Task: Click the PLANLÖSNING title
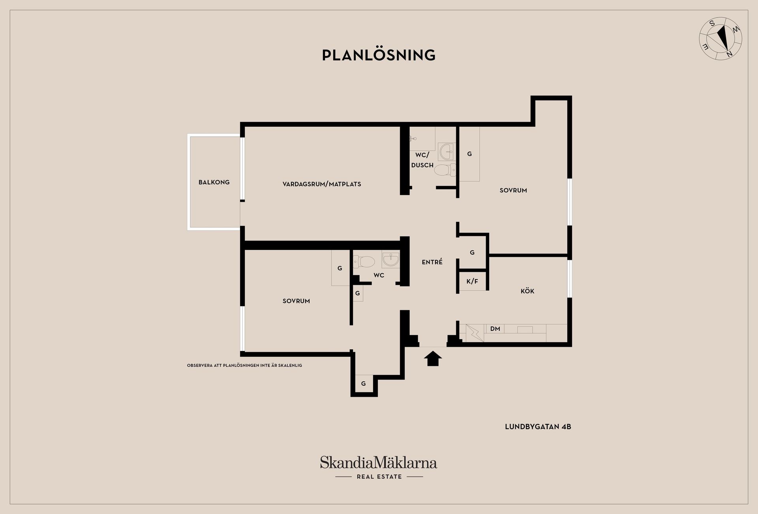(379, 55)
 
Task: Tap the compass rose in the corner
(720, 39)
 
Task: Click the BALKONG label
(214, 182)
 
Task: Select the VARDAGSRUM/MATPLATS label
(322, 184)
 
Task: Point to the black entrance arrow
(433, 358)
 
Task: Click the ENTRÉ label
(432, 262)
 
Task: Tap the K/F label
(472, 281)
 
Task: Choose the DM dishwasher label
(495, 329)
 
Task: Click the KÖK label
(527, 291)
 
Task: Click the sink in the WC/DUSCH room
(447, 152)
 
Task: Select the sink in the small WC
(391, 260)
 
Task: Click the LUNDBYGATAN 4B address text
(538, 427)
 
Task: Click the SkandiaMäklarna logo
(379, 463)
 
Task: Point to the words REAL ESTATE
(379, 477)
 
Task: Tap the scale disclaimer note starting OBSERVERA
(244, 366)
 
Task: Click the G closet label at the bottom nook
(364, 384)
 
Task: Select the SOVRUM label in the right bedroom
(513, 190)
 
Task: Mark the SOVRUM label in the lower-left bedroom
(296, 301)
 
